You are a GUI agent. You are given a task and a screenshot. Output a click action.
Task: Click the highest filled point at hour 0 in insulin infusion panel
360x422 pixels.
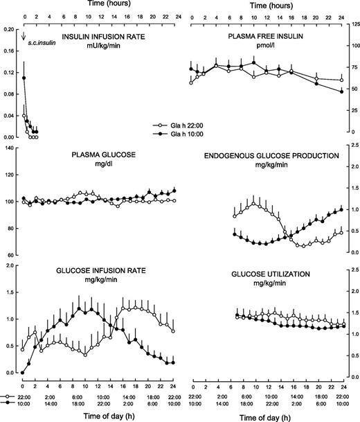click(24, 78)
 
